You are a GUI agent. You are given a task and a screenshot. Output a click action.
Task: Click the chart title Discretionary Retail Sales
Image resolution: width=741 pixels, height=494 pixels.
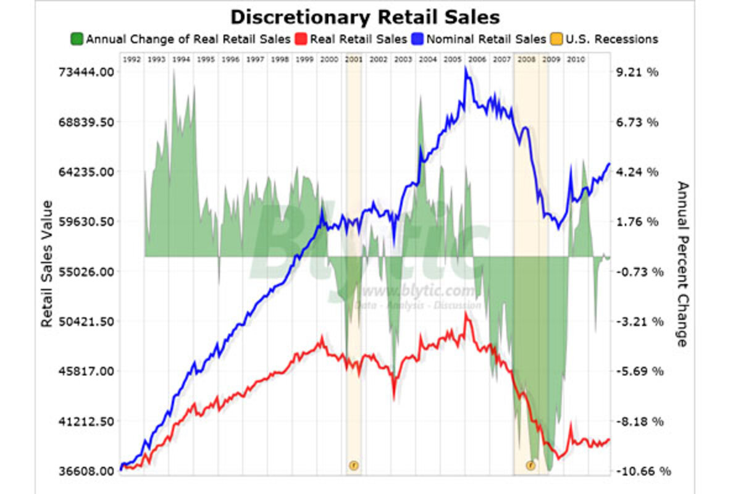(365, 17)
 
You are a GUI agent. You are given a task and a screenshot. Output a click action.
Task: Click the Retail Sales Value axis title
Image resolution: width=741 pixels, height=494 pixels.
(47, 264)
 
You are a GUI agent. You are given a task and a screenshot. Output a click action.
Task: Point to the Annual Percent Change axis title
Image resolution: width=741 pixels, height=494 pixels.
(682, 264)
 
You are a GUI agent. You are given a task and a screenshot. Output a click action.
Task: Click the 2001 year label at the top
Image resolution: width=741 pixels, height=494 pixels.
(354, 59)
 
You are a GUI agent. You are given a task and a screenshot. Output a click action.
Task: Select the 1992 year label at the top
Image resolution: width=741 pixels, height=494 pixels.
(131, 59)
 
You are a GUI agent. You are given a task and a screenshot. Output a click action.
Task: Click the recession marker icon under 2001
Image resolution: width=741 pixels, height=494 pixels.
(354, 464)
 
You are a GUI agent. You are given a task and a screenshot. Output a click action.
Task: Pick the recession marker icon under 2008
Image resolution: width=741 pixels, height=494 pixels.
(530, 464)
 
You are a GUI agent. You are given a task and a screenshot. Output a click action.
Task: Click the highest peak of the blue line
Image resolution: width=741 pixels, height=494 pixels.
(466, 68)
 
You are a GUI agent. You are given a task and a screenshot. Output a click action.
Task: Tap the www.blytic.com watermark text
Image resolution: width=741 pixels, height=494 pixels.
(419, 290)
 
